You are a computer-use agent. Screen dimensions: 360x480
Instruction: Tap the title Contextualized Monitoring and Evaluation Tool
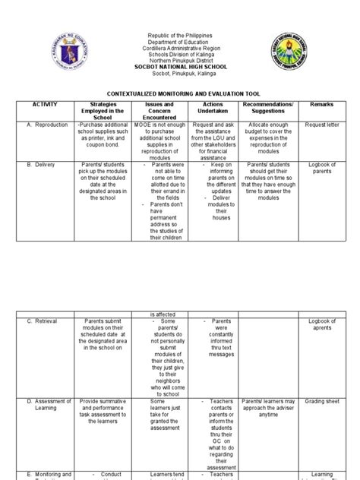coord(180,89)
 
